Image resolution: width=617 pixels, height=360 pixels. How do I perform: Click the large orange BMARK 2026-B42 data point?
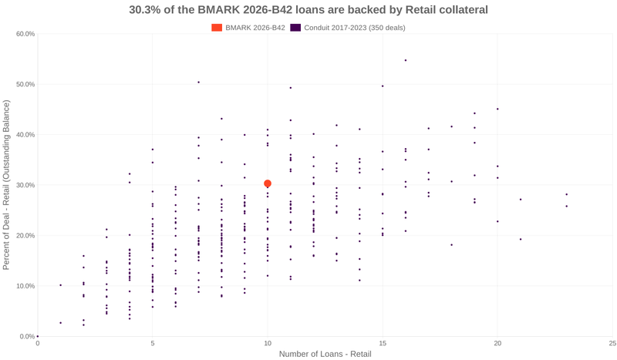tap(268, 183)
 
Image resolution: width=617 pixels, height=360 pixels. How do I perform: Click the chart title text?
tap(308, 10)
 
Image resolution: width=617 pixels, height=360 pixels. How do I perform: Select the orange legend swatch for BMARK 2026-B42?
tap(217, 28)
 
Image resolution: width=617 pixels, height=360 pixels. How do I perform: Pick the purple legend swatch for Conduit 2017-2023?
tap(295, 28)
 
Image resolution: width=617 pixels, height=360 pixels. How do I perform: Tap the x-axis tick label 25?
tap(612, 343)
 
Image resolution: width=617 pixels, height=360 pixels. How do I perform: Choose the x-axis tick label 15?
tap(383, 343)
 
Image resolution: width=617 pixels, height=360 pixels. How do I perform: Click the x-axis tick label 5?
tap(153, 343)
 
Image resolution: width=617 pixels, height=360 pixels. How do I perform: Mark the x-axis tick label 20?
tap(497, 343)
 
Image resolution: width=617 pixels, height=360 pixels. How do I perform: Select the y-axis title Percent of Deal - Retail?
tap(7, 185)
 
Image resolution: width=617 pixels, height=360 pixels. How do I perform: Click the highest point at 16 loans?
tap(406, 60)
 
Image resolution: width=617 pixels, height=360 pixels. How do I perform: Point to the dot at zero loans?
tap(38, 336)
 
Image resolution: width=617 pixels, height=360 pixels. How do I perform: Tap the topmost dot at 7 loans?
tap(198, 82)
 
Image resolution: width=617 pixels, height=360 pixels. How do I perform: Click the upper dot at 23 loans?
tap(566, 194)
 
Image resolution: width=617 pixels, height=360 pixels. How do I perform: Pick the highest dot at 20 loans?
tap(497, 109)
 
